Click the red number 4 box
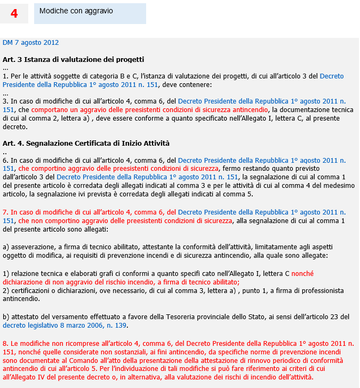[x=14, y=14]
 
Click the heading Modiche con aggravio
[x=76, y=11]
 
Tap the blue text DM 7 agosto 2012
[x=31, y=43]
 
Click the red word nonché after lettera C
[x=302, y=274]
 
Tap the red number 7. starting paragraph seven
[x=6, y=212]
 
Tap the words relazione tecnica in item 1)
[x=35, y=274]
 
